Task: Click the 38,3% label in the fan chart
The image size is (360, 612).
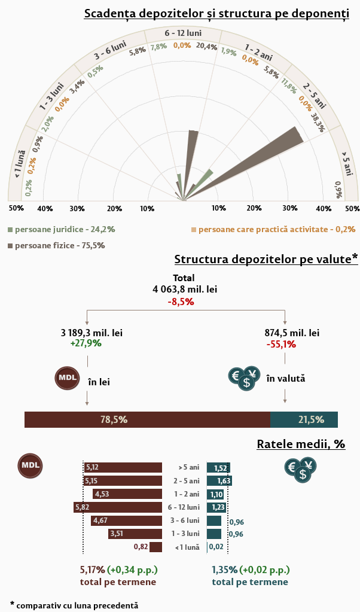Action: click(318, 121)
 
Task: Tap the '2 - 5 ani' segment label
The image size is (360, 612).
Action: click(315, 95)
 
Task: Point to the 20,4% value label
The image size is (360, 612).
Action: click(206, 46)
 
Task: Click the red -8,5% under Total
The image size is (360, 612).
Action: click(181, 302)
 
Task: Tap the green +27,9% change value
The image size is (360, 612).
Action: click(86, 343)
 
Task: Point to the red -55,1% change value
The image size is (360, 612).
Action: click(281, 344)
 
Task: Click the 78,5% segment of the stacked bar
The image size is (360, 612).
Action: click(147, 419)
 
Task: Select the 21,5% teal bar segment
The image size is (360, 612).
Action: click(304, 419)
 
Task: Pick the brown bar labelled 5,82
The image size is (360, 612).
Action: click(118, 507)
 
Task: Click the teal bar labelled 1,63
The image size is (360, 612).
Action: click(219, 480)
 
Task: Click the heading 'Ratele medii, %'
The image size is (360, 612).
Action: click(301, 444)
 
